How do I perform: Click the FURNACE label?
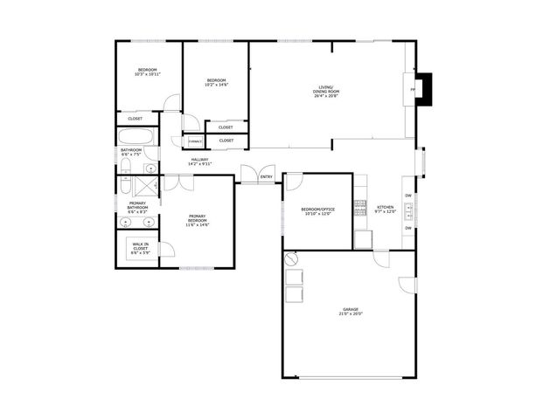[x=193, y=141]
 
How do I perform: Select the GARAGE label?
[x=350, y=310]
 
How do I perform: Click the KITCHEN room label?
[x=386, y=208]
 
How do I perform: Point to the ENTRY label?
[x=267, y=177]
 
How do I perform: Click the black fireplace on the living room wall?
[x=424, y=89]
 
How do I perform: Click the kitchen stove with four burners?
[x=360, y=208]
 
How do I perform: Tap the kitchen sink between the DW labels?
[x=408, y=210]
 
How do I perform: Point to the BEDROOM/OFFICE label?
[x=318, y=209]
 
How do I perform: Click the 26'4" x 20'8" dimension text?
[x=326, y=95]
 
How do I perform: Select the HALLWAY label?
[x=201, y=160]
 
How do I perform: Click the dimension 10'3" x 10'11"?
[x=147, y=74]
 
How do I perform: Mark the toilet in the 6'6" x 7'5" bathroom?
[x=125, y=168]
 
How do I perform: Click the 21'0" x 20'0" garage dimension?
[x=350, y=315]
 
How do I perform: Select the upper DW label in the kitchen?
[x=408, y=196]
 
